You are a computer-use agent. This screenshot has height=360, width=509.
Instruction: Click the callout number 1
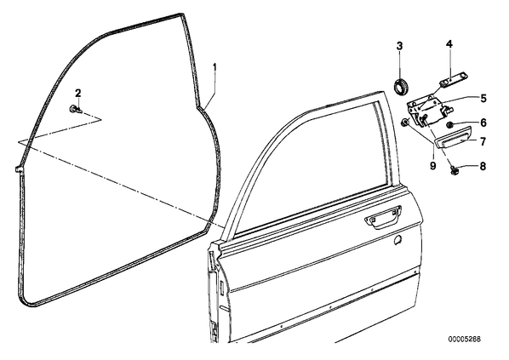click(214, 68)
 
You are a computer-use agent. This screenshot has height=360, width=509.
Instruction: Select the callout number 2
click(78, 94)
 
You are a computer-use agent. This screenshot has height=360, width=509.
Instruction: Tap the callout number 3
click(399, 46)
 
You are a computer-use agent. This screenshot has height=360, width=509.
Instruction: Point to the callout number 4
click(449, 43)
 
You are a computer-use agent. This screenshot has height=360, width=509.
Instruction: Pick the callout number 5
click(483, 98)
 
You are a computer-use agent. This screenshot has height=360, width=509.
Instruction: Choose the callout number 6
click(483, 123)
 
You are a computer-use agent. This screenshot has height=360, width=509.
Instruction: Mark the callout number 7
click(483, 141)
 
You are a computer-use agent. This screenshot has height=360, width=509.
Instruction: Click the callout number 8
click(483, 166)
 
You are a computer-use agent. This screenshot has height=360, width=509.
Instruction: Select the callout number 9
click(432, 166)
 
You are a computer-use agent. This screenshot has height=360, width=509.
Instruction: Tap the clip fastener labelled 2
click(75, 109)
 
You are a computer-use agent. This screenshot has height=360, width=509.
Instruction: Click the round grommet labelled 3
click(401, 86)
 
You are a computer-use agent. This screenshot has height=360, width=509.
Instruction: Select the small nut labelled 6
click(449, 124)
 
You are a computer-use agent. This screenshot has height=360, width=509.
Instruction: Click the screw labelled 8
click(453, 169)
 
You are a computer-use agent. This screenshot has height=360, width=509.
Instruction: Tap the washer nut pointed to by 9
click(405, 123)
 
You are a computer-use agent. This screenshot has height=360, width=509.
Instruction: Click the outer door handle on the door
click(383, 217)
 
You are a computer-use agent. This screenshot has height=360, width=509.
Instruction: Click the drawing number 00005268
click(465, 340)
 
